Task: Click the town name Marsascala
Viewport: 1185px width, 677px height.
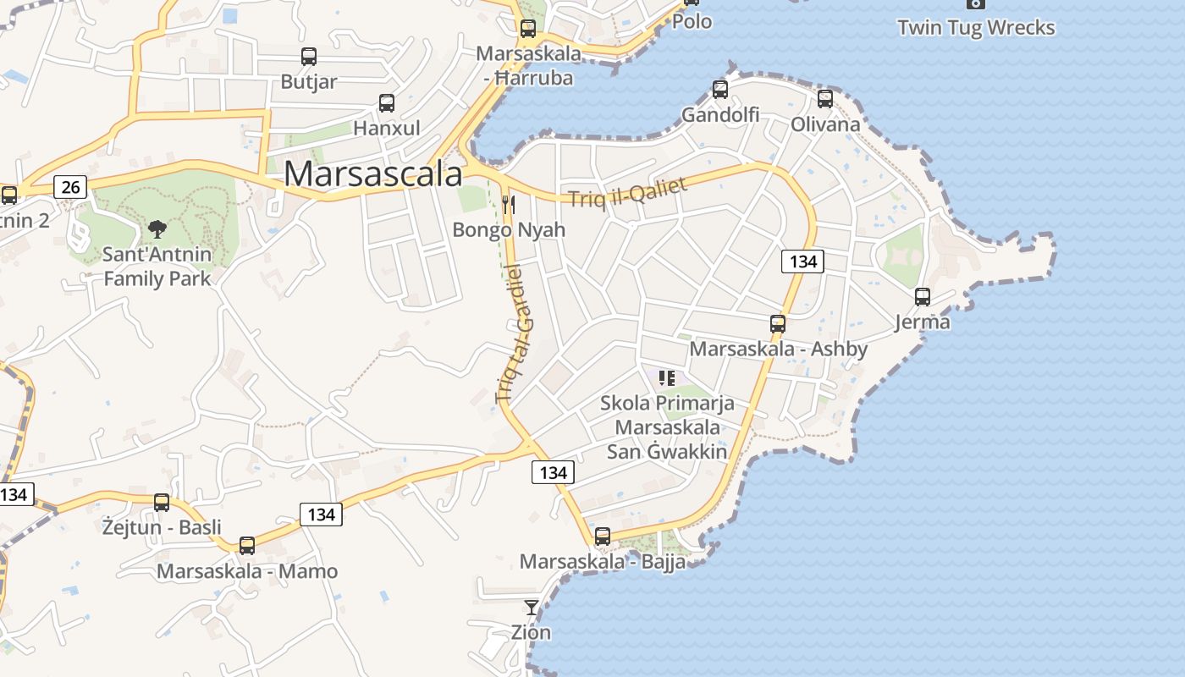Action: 372,173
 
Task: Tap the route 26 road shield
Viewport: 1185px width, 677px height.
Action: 70,186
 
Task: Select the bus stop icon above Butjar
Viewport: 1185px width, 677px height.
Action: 309,57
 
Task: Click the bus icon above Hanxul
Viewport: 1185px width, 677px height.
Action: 387,103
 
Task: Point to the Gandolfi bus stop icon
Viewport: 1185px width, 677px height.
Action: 720,89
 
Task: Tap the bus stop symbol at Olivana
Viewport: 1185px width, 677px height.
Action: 825,99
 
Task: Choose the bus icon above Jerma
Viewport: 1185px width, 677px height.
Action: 923,297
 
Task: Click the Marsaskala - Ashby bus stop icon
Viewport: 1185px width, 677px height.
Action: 778,323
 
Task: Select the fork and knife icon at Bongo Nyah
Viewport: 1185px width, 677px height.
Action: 509,204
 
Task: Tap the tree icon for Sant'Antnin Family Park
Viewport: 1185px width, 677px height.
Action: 157,228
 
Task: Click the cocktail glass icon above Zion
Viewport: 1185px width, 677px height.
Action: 531,607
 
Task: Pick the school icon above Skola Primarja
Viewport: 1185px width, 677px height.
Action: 666,377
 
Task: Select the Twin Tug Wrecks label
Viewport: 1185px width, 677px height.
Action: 976,28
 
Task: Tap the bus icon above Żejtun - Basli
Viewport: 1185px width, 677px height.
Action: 162,503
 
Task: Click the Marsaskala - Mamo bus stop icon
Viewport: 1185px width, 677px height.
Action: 247,546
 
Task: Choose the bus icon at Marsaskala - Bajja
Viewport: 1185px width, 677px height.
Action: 603,536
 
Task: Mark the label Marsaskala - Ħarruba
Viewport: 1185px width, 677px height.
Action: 529,66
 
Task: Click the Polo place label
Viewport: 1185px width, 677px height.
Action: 692,21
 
